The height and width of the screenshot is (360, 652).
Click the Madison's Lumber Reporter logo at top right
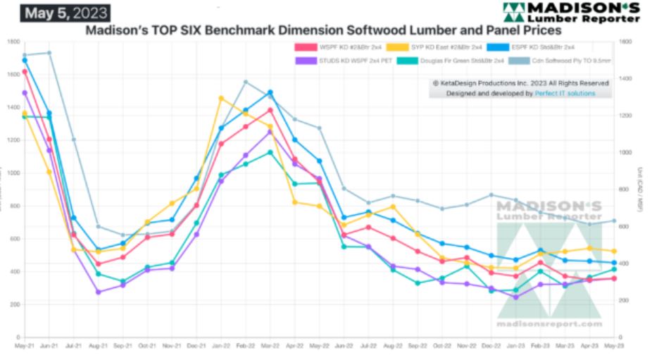coord(581,12)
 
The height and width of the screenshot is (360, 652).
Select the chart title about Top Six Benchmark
coord(323,31)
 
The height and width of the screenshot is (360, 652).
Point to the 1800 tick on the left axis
coord(13,42)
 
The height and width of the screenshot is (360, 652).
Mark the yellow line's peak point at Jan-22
coord(221,98)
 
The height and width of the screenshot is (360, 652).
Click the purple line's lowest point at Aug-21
coord(98,292)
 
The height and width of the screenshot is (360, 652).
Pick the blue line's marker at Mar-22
coord(270,92)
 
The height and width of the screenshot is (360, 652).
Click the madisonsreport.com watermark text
coord(550,324)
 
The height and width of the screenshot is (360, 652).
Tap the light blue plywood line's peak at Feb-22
coord(246,82)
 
